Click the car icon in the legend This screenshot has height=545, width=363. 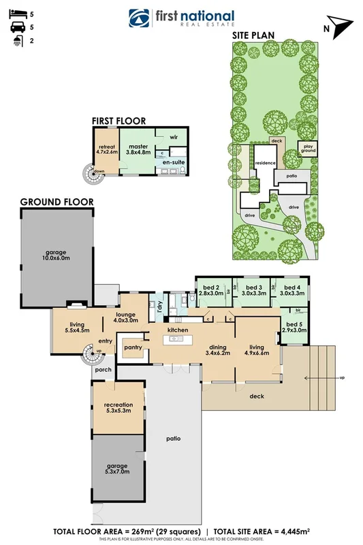click(14, 28)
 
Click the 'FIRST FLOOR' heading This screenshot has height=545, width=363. click(119, 121)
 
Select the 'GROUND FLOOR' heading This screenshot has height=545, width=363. click(57, 202)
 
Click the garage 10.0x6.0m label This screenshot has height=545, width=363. click(58, 254)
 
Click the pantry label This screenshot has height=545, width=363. click(132, 347)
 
